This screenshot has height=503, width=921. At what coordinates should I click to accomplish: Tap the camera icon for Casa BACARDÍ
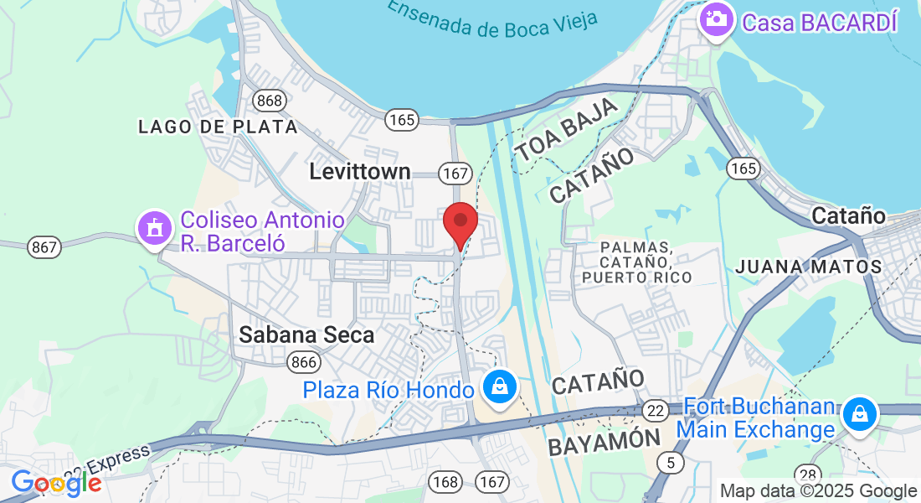click(717, 18)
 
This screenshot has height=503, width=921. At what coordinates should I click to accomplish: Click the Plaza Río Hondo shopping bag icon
click(500, 387)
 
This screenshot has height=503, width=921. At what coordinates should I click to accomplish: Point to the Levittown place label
click(360, 172)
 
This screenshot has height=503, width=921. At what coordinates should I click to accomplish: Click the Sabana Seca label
click(306, 334)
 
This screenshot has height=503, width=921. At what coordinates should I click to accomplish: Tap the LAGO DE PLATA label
click(218, 127)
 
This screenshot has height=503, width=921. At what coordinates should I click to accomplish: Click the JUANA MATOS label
click(808, 267)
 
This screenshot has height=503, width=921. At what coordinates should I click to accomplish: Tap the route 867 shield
click(44, 247)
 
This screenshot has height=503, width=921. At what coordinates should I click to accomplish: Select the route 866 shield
click(302, 362)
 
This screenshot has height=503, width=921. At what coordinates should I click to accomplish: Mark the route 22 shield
click(656, 410)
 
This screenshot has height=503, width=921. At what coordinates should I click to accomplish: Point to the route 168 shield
click(445, 481)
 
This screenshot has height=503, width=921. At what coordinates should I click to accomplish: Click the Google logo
click(56, 483)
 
